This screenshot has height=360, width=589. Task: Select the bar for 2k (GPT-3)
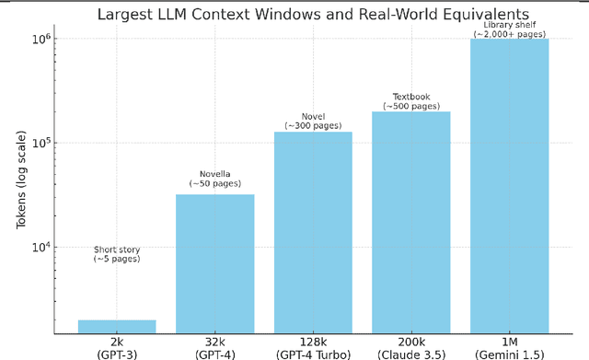click(117, 326)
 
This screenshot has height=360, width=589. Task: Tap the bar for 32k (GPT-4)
click(214, 263)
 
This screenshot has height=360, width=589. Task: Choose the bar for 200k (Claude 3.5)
click(410, 222)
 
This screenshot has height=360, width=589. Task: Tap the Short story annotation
click(117, 255)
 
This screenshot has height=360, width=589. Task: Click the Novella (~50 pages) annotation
click(214, 180)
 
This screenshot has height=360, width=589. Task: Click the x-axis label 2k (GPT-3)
click(117, 347)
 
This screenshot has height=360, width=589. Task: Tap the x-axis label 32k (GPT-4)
click(214, 347)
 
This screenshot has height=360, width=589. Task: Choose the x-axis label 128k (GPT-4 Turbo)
click(313, 347)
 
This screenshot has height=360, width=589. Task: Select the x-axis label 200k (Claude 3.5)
click(410, 347)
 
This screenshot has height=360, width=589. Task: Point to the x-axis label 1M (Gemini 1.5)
click(509, 347)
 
